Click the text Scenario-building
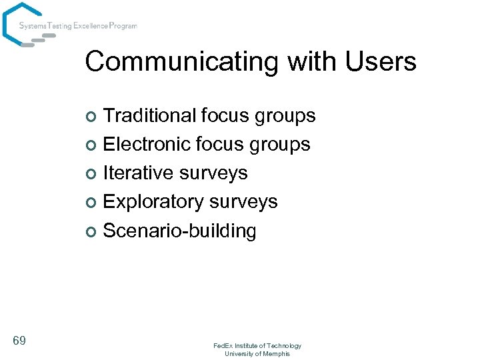coord(179,231)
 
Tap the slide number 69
coord(19,341)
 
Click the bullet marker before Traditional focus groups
coord(93,117)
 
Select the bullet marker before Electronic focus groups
coord(93,145)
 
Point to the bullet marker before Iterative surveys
coord(93,174)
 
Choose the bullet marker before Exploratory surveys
coord(93,203)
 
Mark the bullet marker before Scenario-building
coord(93,232)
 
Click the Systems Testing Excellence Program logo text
coord(78,26)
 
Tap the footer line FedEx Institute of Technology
coord(257,345)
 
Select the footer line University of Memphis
coord(257,353)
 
